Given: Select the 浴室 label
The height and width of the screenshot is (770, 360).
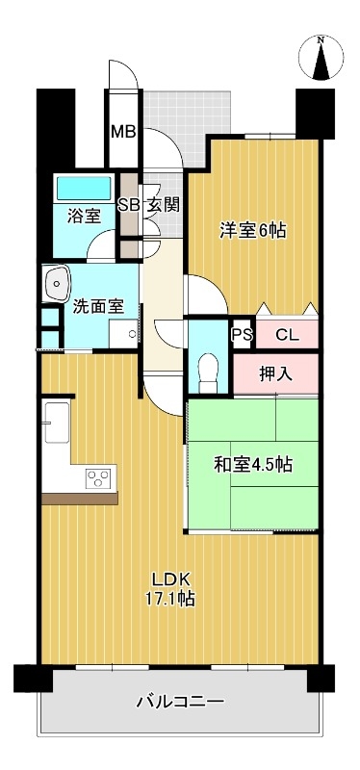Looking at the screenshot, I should point(84,216).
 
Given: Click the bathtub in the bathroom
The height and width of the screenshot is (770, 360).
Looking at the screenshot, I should point(85,189).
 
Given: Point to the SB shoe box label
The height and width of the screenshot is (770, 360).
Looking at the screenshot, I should point(129,204).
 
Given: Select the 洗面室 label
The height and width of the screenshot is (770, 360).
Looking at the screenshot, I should point(98,306).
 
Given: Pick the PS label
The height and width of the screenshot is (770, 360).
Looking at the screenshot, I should point(242,336).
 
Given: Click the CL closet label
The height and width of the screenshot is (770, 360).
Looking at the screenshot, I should point(286,336).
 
